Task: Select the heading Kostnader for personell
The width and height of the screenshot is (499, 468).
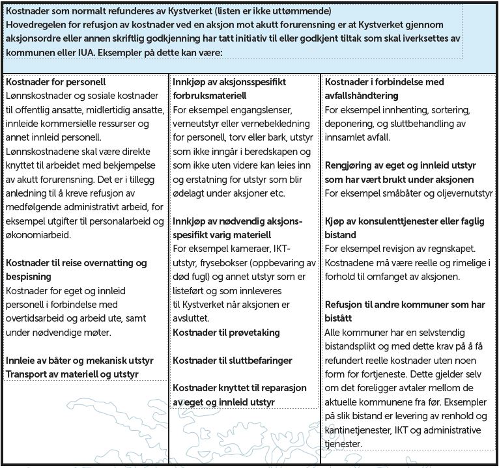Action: click(55, 83)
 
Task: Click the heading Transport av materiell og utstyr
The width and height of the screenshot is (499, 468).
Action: click(72, 374)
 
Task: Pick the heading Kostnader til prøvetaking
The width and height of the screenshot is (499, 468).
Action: click(226, 333)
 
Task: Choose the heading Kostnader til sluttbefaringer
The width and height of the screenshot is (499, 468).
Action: click(233, 360)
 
